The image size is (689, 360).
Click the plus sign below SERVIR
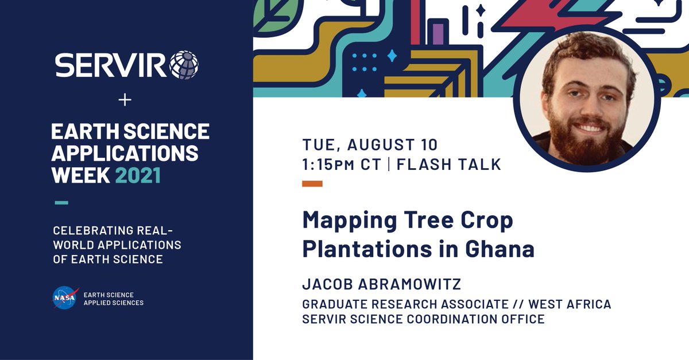click(x=125, y=100)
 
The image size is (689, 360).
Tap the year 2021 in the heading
click(x=138, y=175)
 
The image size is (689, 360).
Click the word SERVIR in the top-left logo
click(x=111, y=65)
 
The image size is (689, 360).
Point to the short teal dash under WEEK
click(x=61, y=202)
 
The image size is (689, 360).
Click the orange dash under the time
click(x=312, y=184)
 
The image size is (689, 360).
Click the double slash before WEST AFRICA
click(x=520, y=304)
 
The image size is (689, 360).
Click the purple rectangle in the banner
click(x=438, y=33)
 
